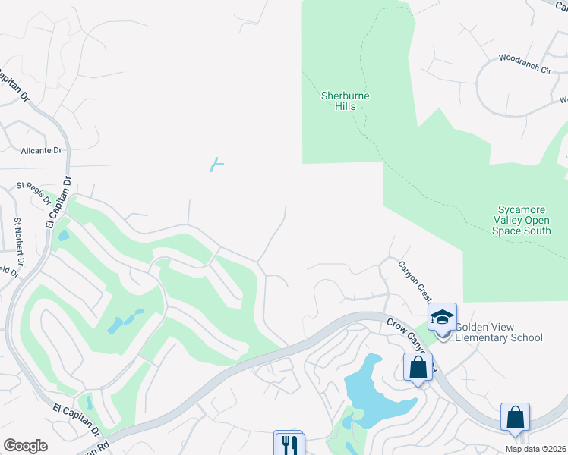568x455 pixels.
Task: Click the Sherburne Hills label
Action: (x=346, y=101)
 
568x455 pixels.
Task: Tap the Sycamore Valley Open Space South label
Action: (x=524, y=220)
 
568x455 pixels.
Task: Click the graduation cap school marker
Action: (x=442, y=317)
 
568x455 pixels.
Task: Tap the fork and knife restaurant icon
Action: (x=288, y=444)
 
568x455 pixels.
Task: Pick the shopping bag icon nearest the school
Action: (x=418, y=368)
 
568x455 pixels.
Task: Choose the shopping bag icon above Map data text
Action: (x=515, y=418)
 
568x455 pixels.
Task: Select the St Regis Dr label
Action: (x=33, y=192)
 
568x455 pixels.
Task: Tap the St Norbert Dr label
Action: (x=18, y=241)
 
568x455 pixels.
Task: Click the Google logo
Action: (x=25, y=446)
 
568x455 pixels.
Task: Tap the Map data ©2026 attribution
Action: (x=535, y=449)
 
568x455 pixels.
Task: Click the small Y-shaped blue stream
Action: (x=217, y=164)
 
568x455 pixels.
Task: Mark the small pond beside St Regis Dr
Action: (x=62, y=235)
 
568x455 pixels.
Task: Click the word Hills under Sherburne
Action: (x=346, y=107)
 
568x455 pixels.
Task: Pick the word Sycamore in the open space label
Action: (x=524, y=209)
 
